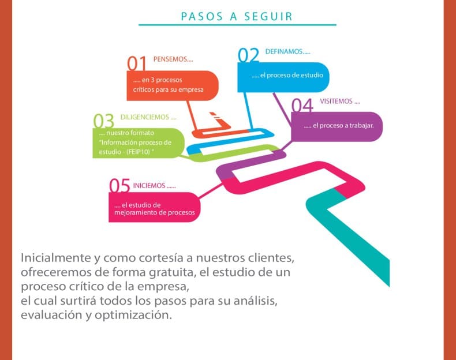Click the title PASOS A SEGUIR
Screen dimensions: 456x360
click(x=237, y=16)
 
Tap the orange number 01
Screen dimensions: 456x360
click(x=137, y=63)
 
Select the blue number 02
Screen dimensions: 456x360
click(x=248, y=55)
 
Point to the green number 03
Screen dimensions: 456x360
click(x=103, y=121)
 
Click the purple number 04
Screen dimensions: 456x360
click(x=302, y=105)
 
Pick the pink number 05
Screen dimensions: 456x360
click(x=119, y=185)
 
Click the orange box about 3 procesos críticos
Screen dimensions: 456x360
click(x=173, y=86)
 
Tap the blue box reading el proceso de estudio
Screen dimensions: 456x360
click(x=283, y=77)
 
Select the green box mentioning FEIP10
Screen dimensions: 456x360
click(x=139, y=143)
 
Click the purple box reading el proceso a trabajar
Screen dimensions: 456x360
click(x=337, y=127)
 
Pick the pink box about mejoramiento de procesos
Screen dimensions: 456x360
click(x=155, y=207)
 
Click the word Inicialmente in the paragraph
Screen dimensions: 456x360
click(x=56, y=258)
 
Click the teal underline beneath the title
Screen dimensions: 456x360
click(x=237, y=25)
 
